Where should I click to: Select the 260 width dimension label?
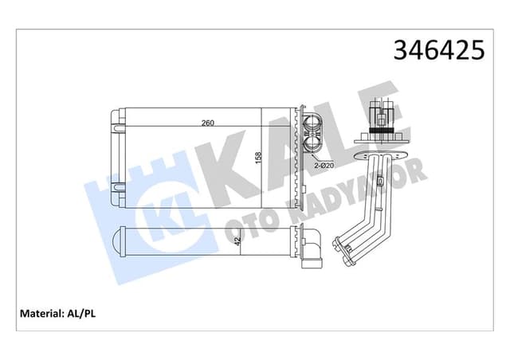207,122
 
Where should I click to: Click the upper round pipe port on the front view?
312,124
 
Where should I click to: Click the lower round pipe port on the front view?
312,147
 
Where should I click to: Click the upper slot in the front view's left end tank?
116,125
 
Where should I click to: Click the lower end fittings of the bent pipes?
348,257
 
